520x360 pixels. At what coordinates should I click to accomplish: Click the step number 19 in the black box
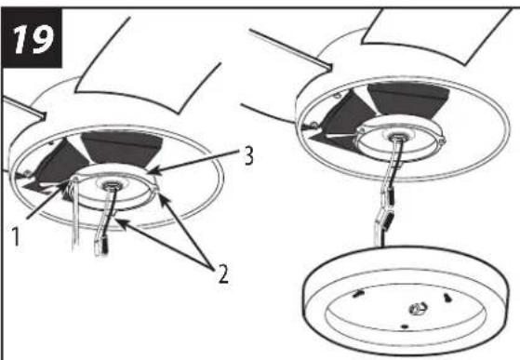(x=33, y=39)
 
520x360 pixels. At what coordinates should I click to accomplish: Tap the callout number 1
(x=16, y=234)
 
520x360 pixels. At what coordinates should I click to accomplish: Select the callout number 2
(x=223, y=273)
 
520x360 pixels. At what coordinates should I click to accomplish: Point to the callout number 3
(x=248, y=156)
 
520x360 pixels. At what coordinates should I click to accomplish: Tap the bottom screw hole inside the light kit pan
(x=405, y=327)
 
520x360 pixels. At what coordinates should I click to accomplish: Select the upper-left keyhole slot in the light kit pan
(x=357, y=293)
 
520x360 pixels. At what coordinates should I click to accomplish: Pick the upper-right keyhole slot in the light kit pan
(x=447, y=297)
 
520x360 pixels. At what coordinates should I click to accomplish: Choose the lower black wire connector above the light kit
(x=387, y=220)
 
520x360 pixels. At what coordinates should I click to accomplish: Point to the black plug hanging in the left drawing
(x=104, y=247)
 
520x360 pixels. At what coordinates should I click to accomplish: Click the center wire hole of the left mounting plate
(x=109, y=187)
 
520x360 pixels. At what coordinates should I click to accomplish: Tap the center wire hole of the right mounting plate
(x=396, y=137)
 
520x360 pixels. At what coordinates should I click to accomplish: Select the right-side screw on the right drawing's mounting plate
(x=442, y=141)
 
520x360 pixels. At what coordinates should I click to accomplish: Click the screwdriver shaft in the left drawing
(x=75, y=217)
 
